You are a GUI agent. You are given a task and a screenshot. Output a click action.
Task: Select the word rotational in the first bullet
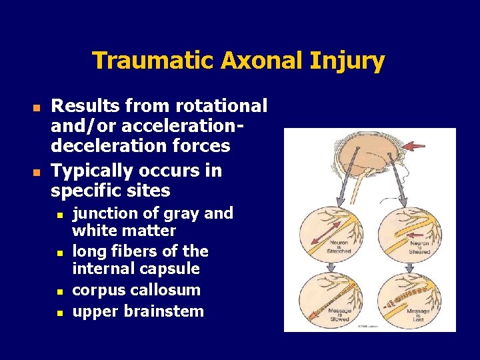point(222,106)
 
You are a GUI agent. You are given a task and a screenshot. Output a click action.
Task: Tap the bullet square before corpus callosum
point(59,291)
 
